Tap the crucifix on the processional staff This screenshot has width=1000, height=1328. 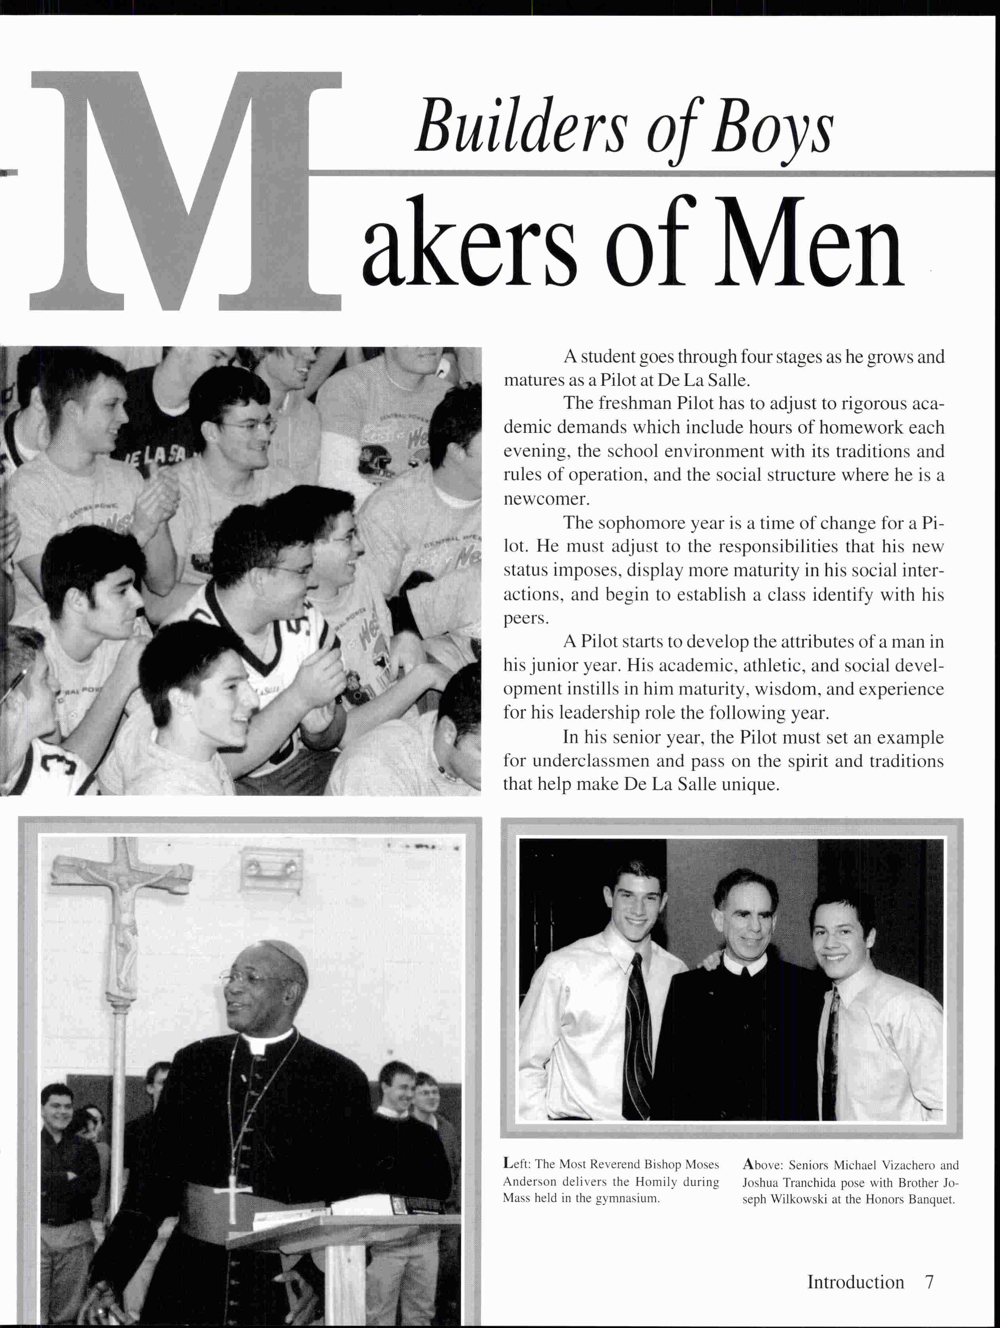[123, 895]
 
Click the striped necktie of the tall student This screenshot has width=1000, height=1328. [636, 1033]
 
